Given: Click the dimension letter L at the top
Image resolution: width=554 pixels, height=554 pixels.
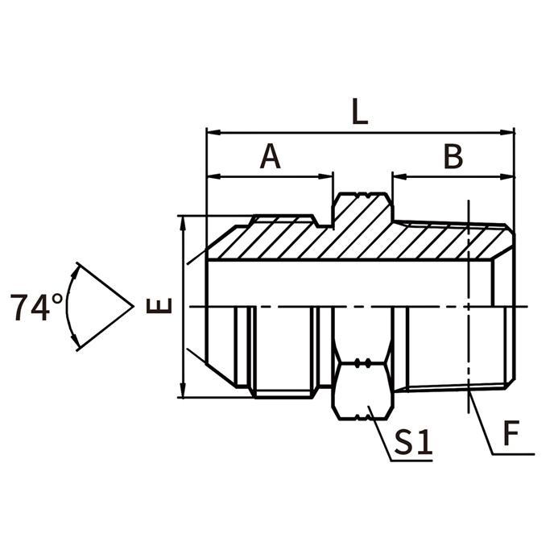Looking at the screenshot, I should tap(360, 111).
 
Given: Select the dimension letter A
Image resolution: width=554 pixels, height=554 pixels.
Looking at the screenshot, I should tap(271, 157).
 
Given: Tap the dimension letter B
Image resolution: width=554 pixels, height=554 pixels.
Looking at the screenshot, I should tap(453, 157).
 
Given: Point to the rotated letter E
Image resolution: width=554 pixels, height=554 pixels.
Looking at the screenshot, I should tap(161, 306).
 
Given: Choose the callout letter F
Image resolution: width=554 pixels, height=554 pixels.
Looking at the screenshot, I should tap(510, 435).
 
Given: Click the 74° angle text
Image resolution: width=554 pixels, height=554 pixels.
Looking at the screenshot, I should tap(36, 308).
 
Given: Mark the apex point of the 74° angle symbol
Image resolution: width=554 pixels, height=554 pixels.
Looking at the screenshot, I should tap(132, 307).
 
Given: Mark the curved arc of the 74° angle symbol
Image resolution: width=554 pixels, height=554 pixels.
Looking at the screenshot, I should tap(68, 307).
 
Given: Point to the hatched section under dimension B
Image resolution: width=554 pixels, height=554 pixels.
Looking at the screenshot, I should tap(451, 242).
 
